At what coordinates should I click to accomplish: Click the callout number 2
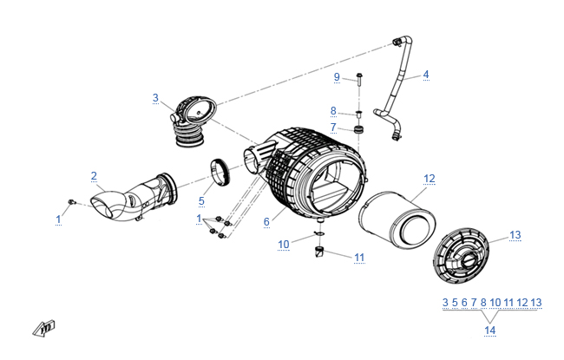[94, 176]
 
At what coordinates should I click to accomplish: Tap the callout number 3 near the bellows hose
[155, 98]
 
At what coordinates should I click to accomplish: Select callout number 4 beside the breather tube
[426, 75]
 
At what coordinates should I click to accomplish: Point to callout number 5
[201, 202]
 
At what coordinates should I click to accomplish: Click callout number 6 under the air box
[266, 222]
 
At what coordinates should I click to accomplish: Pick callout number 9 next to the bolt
[337, 77]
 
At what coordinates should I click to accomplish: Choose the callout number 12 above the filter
[429, 179]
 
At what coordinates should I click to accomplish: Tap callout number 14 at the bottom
[490, 331]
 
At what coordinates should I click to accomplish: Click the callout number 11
[359, 258]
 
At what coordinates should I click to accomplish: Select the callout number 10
[283, 245]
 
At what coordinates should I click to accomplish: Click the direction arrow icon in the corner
[43, 327]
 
